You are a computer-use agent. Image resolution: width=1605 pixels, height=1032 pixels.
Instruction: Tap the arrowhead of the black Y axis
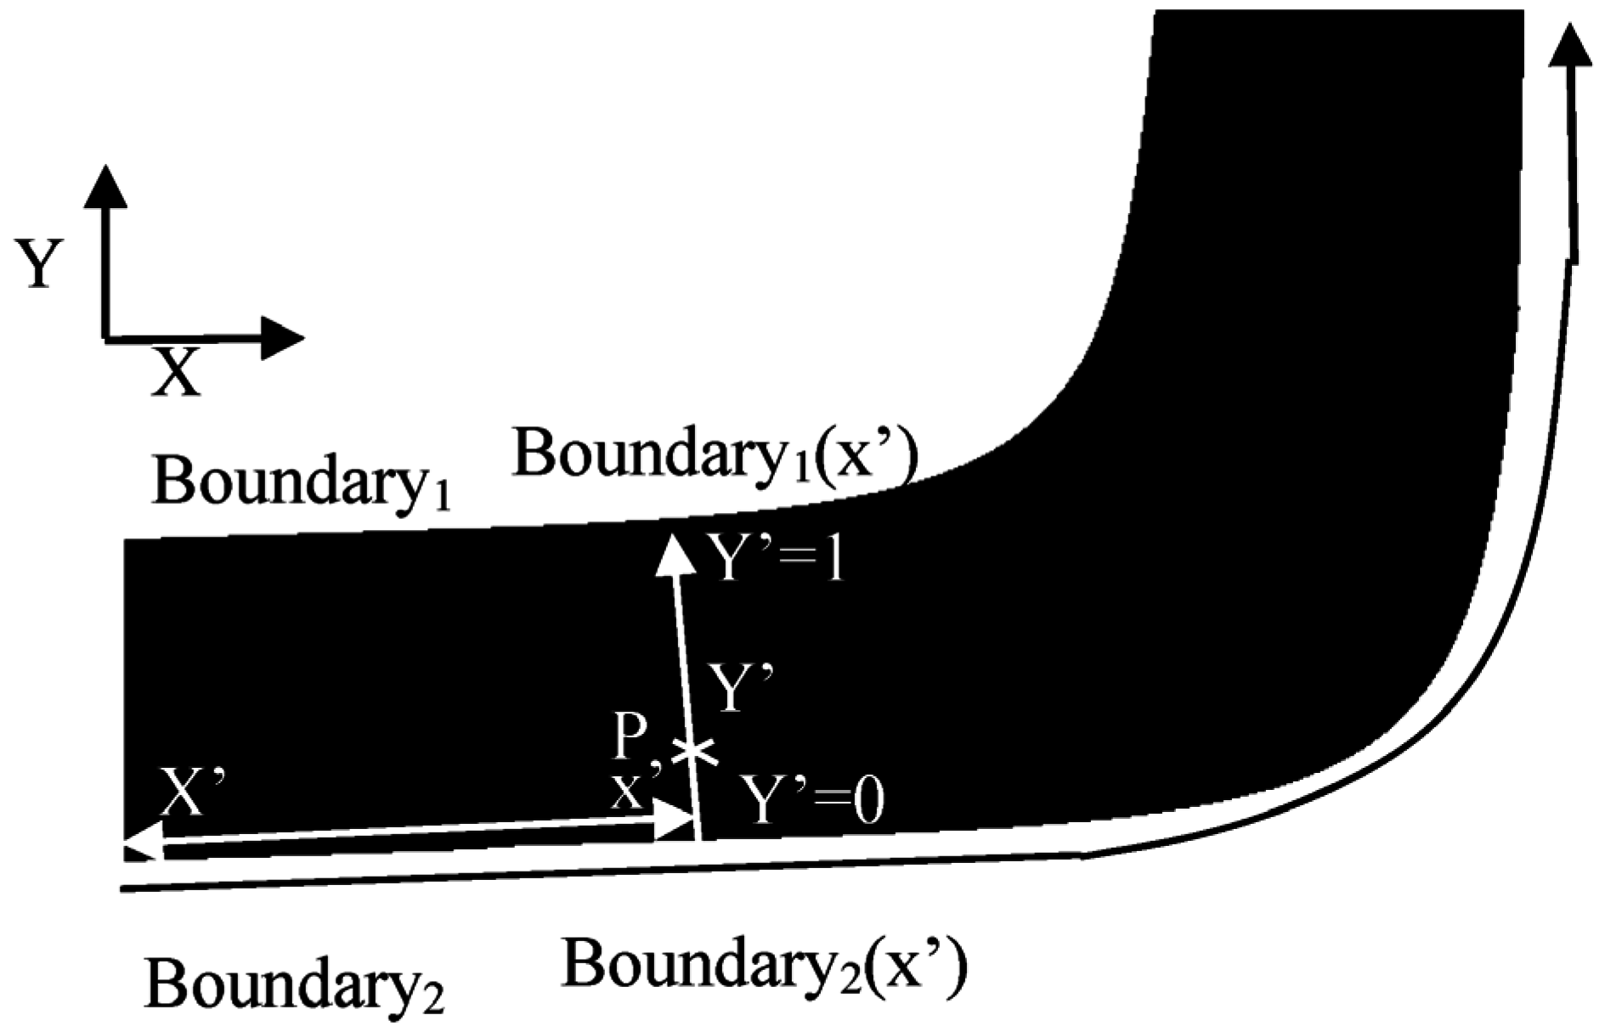click(x=105, y=186)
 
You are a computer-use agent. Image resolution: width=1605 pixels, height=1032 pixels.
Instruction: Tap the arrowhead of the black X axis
click(x=283, y=338)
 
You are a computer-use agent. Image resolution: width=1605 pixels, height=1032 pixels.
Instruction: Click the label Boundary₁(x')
click(x=715, y=456)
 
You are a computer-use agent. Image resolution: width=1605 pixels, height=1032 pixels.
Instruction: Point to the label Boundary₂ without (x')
click(x=294, y=984)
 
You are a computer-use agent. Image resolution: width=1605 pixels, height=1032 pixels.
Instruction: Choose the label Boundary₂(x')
click(x=765, y=967)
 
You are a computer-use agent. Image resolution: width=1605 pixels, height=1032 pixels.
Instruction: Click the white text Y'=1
click(x=778, y=561)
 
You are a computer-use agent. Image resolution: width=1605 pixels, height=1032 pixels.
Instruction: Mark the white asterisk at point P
click(x=694, y=751)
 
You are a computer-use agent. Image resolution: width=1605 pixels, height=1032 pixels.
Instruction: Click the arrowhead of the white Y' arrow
click(x=674, y=554)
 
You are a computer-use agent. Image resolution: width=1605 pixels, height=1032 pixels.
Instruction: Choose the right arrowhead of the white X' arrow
click(x=677, y=823)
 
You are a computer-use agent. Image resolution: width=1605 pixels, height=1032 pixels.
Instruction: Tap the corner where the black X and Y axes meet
click(x=105, y=337)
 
